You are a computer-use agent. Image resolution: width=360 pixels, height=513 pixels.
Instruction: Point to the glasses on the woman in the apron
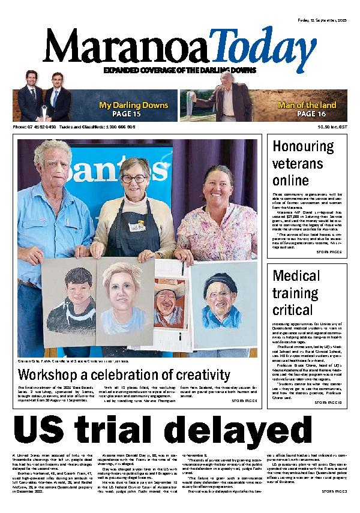pos(133,179)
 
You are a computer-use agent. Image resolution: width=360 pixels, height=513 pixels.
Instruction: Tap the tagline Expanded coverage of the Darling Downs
pos(179,70)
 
